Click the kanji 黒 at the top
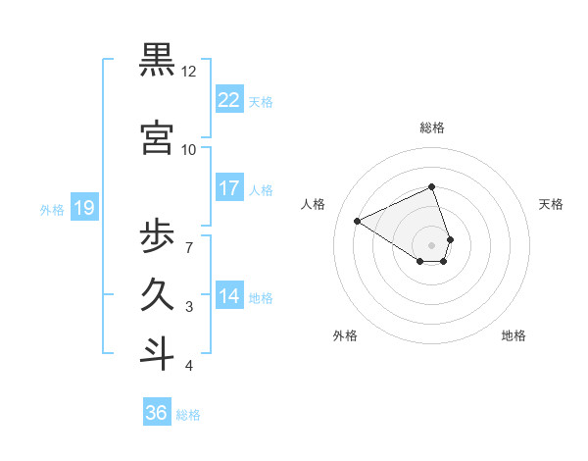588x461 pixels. click(158, 61)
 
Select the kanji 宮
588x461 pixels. click(158, 138)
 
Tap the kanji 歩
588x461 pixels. click(158, 236)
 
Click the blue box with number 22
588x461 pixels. click(228, 100)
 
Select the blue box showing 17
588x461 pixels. click(228, 188)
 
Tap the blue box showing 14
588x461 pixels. click(228, 296)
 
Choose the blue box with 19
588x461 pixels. click(83, 208)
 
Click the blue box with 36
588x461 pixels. click(156, 413)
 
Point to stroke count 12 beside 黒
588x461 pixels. click(188, 72)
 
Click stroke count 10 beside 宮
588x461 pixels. click(188, 150)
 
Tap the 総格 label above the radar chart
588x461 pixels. click(431, 128)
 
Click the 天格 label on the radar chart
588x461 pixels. click(551, 204)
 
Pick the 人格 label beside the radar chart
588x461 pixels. click(313, 204)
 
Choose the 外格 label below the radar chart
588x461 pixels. click(344, 335)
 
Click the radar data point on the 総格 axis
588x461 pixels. click(431, 187)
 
